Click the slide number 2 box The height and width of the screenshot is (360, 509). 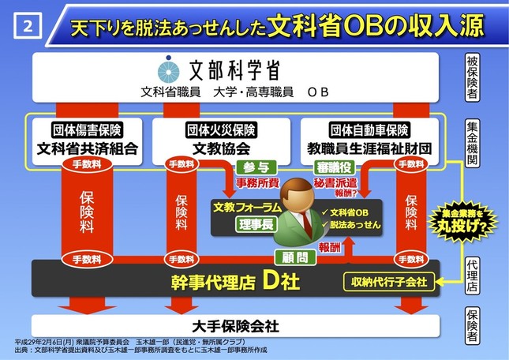(28, 25)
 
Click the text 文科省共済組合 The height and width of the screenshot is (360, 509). (87, 148)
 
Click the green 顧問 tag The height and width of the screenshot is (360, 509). (290, 257)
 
